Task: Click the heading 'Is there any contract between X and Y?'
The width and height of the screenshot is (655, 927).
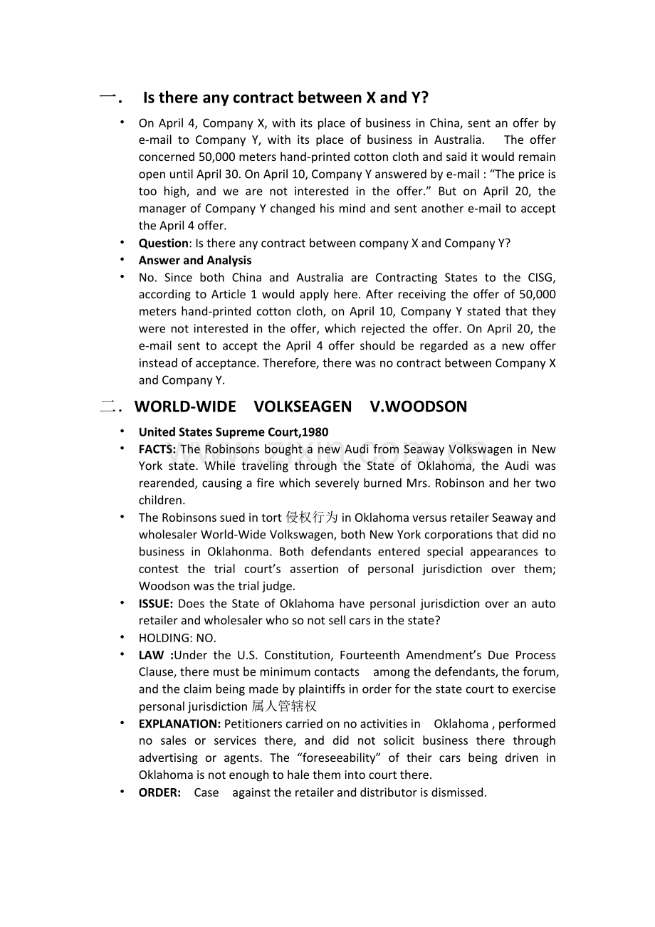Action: (285, 98)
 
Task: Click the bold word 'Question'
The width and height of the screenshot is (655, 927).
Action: (163, 243)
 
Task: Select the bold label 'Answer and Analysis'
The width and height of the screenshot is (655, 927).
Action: (195, 260)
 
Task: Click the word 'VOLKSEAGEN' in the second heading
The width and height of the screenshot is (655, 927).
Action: (303, 407)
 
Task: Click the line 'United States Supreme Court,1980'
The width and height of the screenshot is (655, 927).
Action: (234, 431)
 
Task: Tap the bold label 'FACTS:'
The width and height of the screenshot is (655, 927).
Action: (157, 449)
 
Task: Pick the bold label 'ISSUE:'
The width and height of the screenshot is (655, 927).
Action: (156, 603)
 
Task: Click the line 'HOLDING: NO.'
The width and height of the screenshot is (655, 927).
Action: (177, 637)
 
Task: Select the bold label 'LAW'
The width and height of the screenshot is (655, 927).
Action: (152, 654)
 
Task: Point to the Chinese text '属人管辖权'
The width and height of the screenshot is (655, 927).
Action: (284, 706)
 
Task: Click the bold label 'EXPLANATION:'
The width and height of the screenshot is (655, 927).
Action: (179, 723)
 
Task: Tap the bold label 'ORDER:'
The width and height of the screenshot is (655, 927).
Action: (159, 792)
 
